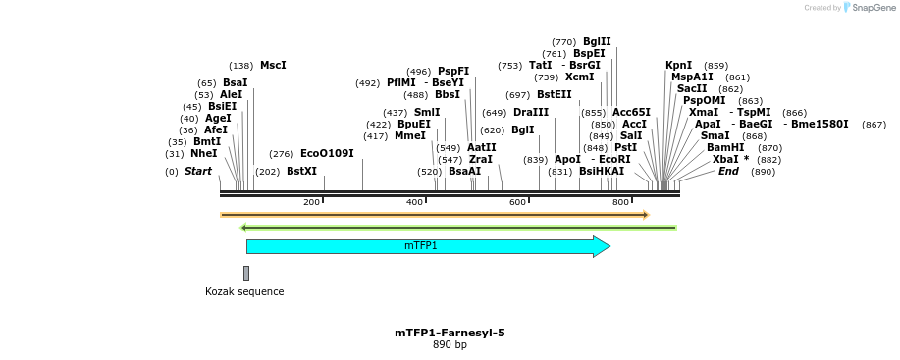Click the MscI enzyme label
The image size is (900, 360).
[273, 66]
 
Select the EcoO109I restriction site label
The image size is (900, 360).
[327, 154]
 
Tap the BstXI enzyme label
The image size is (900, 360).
[301, 172]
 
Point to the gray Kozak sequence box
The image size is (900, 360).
[246, 273]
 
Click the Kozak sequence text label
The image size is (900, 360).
[244, 291]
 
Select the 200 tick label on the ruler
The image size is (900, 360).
[311, 202]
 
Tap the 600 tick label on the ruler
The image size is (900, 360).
[517, 202]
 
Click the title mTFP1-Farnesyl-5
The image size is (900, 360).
[450, 333]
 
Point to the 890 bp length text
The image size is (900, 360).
[450, 345]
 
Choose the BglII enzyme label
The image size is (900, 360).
[597, 42]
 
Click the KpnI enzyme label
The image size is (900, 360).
[678, 66]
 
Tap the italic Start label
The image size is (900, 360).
[197, 172]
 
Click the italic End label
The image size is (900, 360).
[728, 172]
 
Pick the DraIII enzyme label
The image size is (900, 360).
[531, 113]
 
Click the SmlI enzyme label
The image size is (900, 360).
[427, 113]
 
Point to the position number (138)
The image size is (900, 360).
[240, 66]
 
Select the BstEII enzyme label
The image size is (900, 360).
[554, 95]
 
